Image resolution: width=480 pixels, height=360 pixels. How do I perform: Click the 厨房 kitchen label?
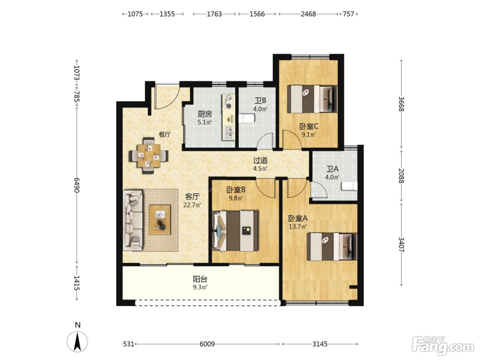[205, 114]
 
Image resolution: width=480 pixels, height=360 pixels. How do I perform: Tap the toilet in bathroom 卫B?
[247, 119]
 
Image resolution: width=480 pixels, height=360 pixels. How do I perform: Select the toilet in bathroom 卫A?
[349, 186]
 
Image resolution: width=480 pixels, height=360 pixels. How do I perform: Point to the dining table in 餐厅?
[149, 155]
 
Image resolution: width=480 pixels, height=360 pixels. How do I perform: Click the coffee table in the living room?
[160, 220]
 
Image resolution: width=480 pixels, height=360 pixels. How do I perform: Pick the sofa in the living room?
[133, 220]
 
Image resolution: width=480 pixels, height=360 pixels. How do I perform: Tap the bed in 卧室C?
[312, 99]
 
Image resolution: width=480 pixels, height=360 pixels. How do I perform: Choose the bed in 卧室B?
[236, 231]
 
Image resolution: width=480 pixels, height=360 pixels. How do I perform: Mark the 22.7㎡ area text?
[192, 205]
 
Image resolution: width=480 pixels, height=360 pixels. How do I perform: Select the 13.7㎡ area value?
[298, 226]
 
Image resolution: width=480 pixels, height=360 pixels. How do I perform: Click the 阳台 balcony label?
[200, 279]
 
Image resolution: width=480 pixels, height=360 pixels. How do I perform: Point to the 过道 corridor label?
[260, 160]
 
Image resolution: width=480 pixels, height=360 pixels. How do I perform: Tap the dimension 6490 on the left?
[77, 185]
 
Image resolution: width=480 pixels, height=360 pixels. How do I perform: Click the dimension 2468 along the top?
[308, 14]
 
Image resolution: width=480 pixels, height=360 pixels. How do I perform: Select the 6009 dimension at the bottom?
[207, 344]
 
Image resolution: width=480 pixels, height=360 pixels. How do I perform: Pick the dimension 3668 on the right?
[401, 104]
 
